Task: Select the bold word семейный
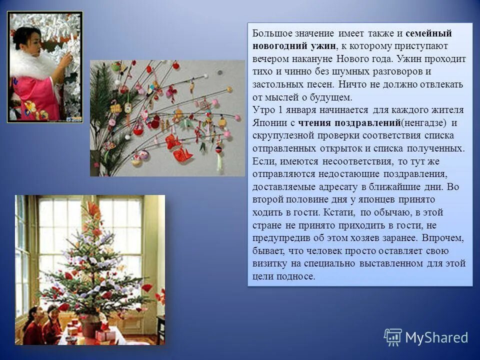click(428, 33)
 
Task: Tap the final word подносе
click(298, 276)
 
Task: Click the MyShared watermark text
click(436, 337)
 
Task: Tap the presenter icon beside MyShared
click(392, 337)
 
